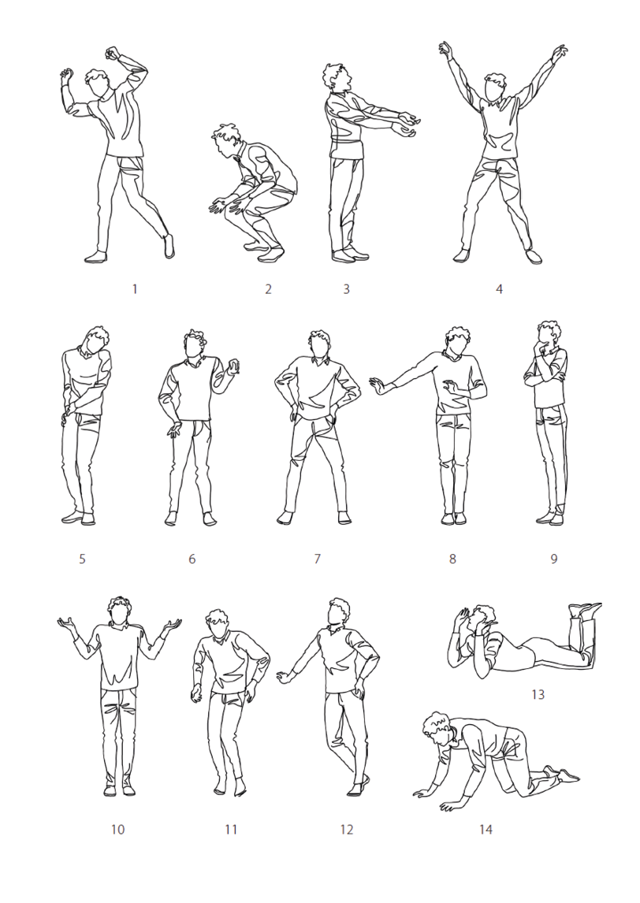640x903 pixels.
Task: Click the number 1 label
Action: (135, 288)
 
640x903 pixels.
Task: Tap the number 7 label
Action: (317, 558)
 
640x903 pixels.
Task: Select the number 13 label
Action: (538, 694)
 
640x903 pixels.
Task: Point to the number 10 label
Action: (117, 829)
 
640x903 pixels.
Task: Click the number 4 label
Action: (500, 288)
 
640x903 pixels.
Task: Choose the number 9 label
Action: (554, 558)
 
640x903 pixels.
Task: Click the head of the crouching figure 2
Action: (227, 140)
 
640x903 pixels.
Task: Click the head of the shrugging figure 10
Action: (119, 611)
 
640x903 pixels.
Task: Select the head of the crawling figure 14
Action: (437, 729)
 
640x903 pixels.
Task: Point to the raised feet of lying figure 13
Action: (585, 611)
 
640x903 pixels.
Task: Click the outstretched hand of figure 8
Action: (378, 385)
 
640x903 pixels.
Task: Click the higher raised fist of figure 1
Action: (113, 54)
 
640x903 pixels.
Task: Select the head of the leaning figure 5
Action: (98, 340)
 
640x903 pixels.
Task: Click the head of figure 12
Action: (339, 612)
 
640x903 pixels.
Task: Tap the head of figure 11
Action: (218, 624)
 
